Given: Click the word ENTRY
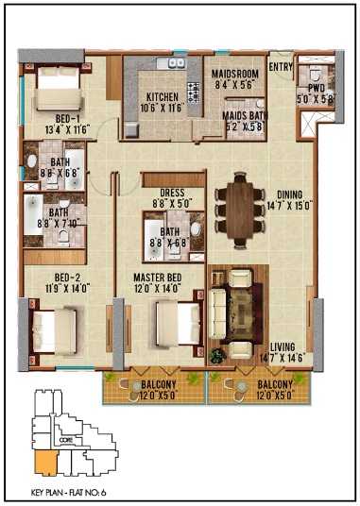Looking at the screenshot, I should click(x=281, y=66).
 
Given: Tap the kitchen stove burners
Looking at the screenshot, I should click(x=196, y=93).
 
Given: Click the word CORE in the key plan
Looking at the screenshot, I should click(x=65, y=440).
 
